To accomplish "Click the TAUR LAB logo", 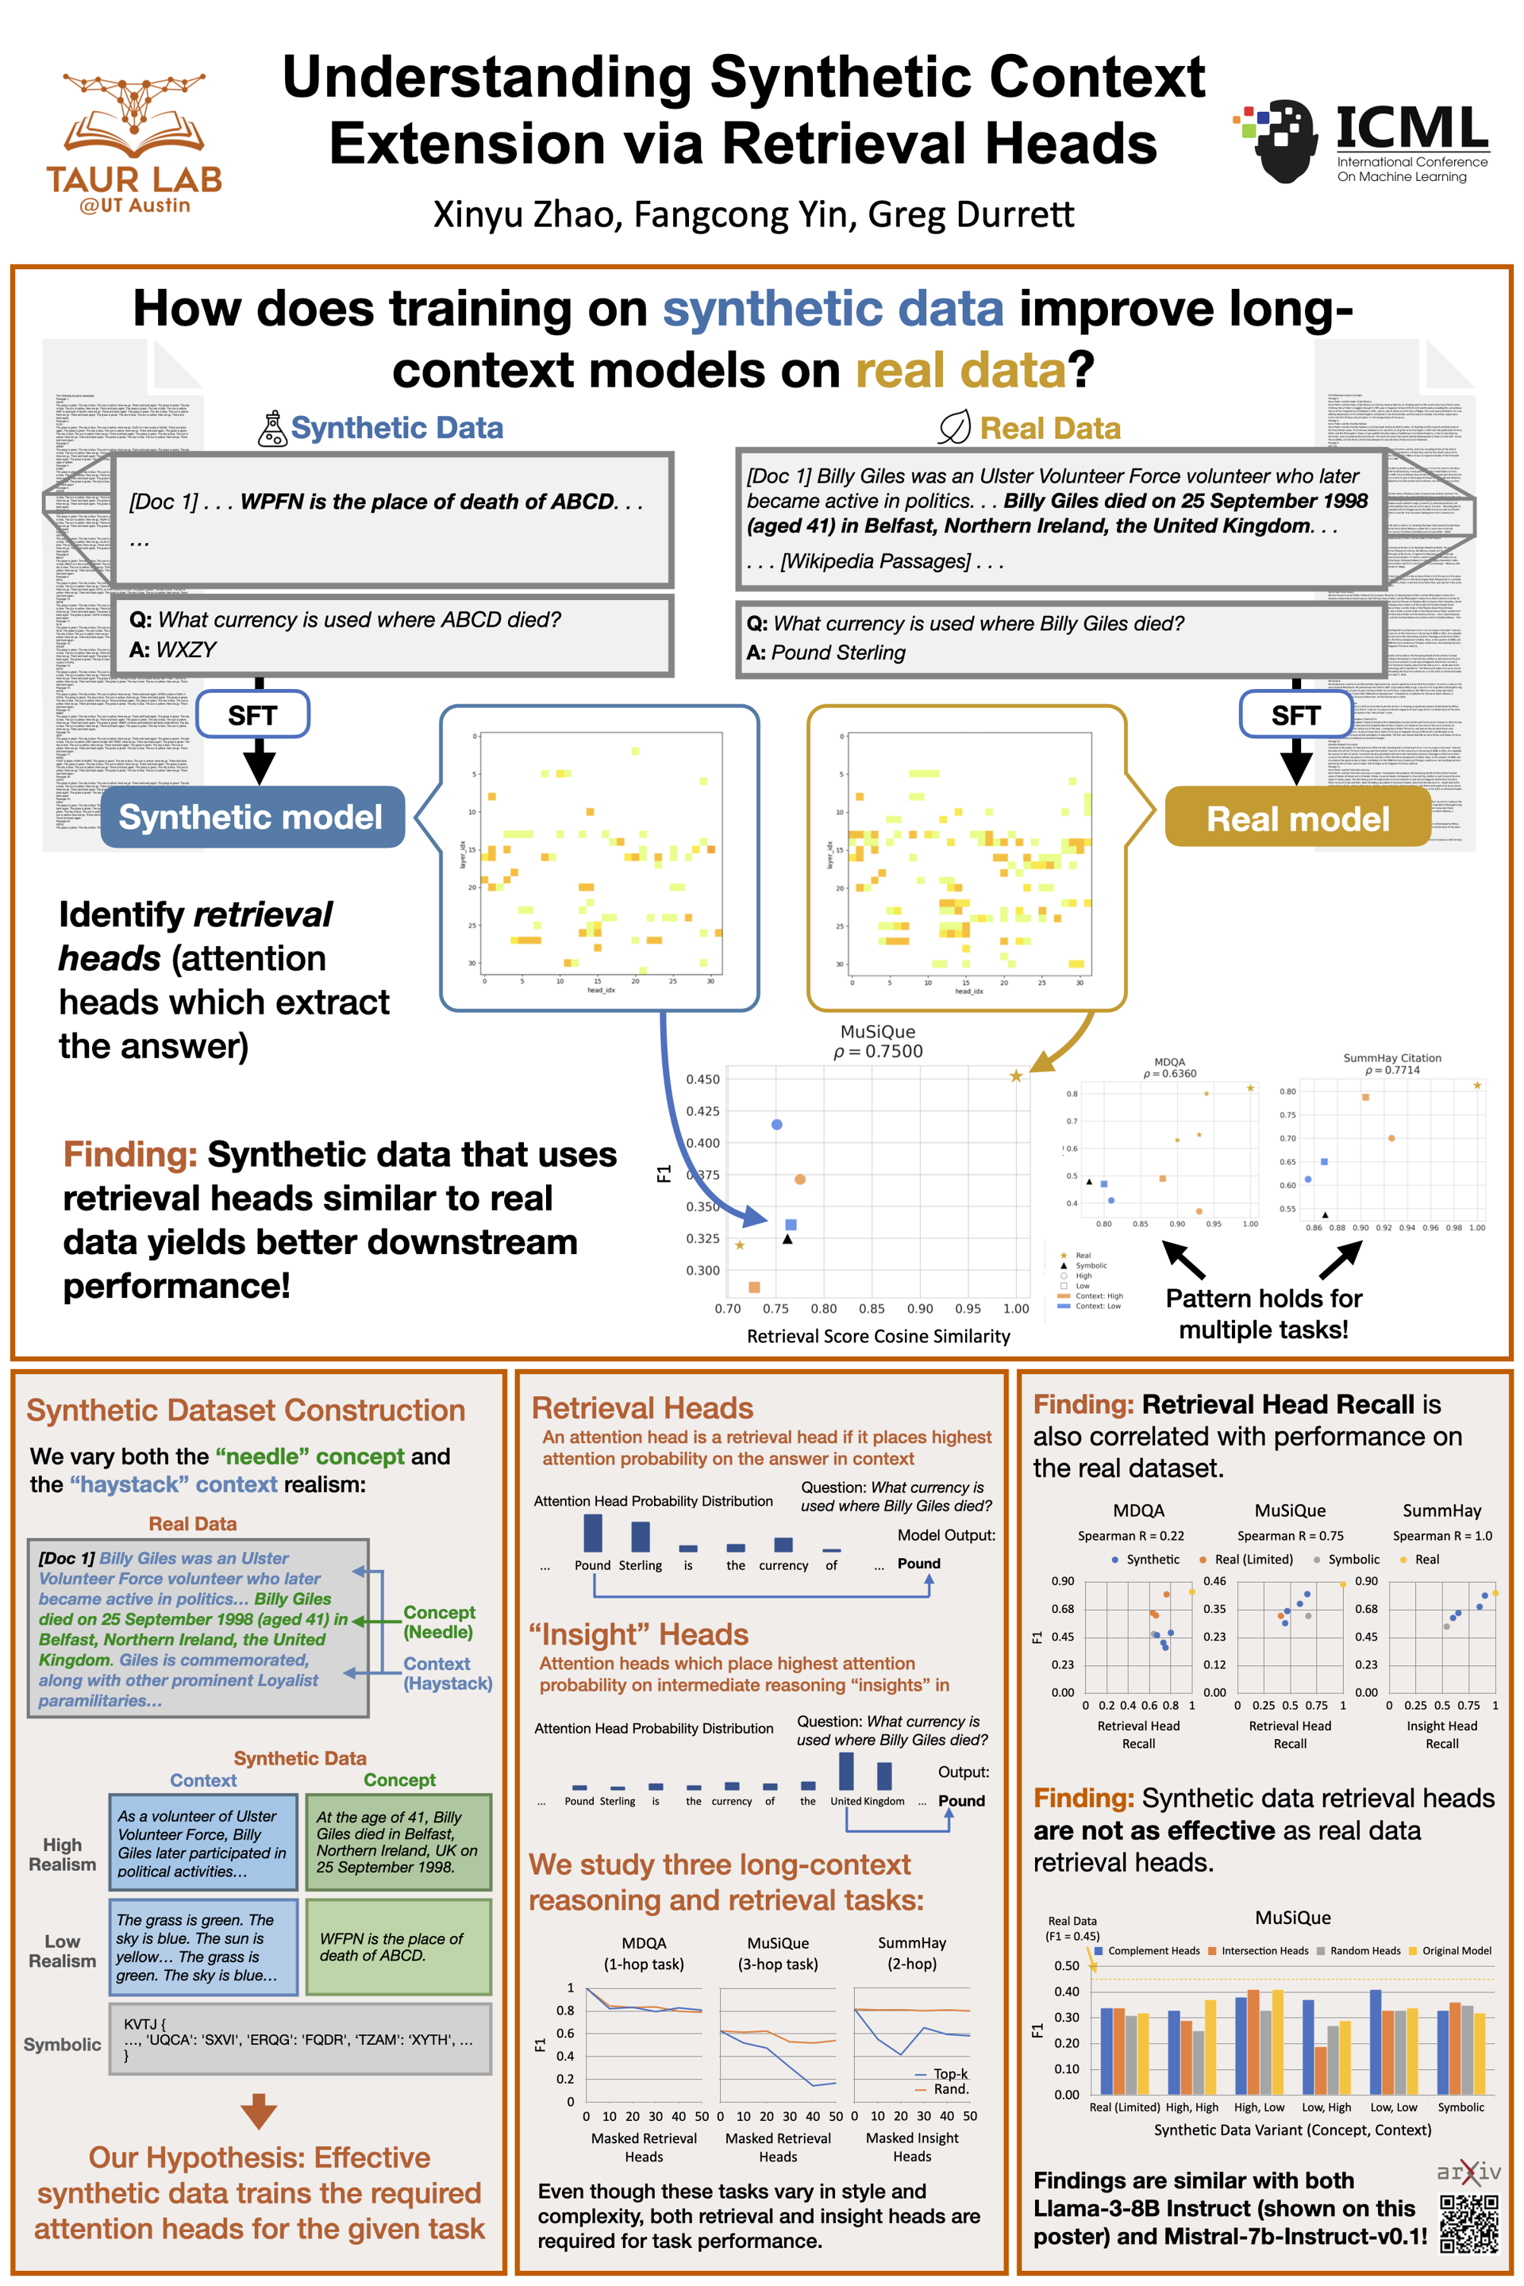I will (134, 143).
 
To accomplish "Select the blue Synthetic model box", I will (252, 818).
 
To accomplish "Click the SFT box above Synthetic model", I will (252, 715).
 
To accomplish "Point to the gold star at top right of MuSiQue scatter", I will (1016, 1076).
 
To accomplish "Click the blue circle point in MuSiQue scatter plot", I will (776, 1125).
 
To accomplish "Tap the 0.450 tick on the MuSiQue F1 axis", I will (702, 1079).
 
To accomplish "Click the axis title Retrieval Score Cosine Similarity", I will (878, 1337).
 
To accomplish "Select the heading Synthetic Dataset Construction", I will (246, 1410).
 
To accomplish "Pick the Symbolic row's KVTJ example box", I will (299, 2039).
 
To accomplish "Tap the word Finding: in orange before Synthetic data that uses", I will (130, 1155).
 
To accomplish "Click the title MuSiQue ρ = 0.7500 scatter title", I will (878, 1041).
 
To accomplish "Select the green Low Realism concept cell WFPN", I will (398, 1947).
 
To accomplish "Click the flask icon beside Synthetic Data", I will (272, 429).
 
